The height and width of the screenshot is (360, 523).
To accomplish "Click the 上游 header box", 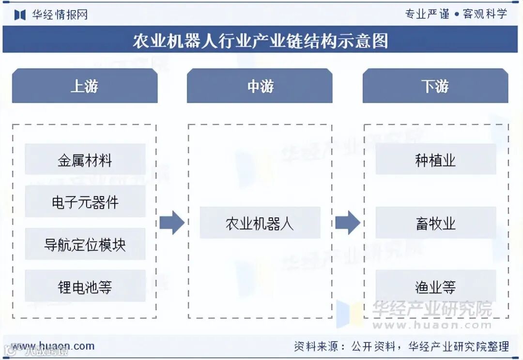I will pos(85,86).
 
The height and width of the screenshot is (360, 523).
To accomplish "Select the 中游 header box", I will pos(260,86).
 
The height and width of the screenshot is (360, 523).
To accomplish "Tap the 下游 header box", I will pos(435,86).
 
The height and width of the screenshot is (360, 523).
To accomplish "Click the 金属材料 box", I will pos(85,160).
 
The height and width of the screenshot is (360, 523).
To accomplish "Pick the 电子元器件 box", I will pos(85,202).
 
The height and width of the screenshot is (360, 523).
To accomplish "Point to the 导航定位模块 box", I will pos(85,244).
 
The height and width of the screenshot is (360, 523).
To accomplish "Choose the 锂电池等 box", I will pos(85,286).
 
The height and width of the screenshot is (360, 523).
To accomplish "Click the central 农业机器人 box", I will pos(260,223).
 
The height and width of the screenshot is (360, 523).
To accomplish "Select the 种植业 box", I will pos(435,160).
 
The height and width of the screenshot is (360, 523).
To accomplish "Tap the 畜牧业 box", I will pos(435,223).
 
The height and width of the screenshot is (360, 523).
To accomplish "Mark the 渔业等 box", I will pos(435,286).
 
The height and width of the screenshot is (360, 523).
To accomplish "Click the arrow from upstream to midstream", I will pos(172,223).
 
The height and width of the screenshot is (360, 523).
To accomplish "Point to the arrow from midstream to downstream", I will pos(347,223).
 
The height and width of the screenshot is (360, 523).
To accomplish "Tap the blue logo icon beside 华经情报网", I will pos(20,15).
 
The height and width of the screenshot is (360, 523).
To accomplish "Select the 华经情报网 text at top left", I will pos(60,15).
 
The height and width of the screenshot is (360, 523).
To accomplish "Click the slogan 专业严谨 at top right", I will pos(427,14).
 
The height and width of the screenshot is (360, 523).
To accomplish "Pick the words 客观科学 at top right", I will pos(485,14).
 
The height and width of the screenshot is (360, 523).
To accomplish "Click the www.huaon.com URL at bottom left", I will pos(53,346).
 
